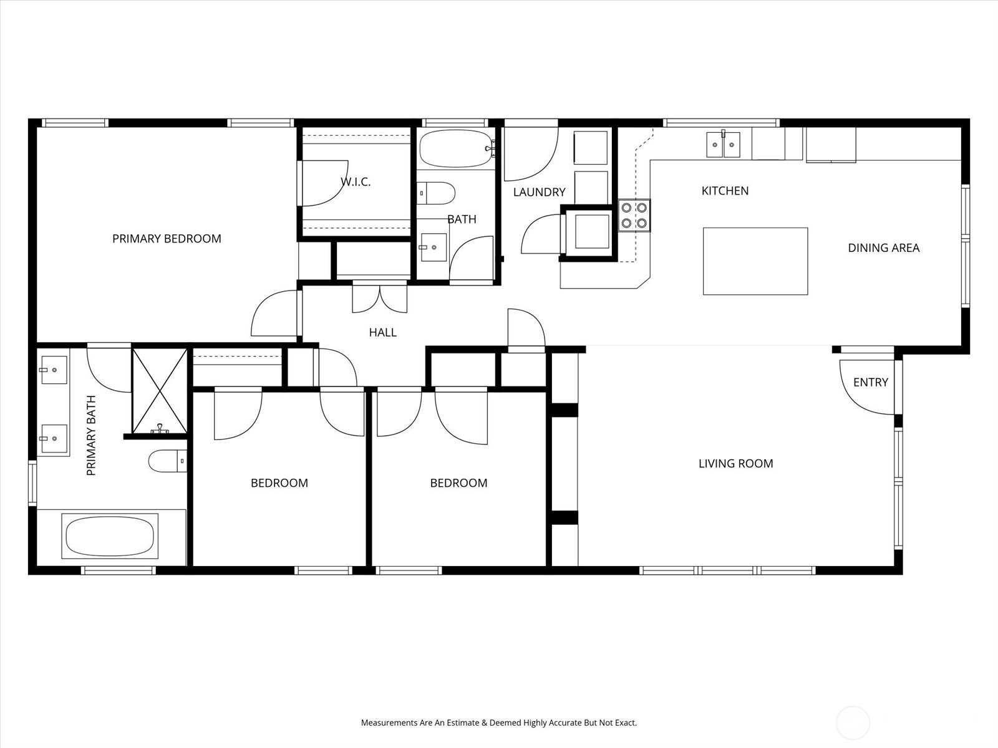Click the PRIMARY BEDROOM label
tap(167, 239)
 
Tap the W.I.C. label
tap(356, 181)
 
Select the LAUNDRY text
tap(540, 192)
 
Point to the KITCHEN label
tap(725, 191)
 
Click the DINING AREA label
tap(883, 247)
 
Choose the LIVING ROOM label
tap(735, 463)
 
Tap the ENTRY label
tap(870, 382)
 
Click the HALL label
tap(382, 332)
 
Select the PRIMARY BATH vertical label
tap(91, 435)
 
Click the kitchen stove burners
tap(634, 215)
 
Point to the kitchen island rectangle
tap(755, 261)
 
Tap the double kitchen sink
tap(723, 145)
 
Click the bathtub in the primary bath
tap(110, 536)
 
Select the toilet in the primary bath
tap(168, 461)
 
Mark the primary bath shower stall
tap(160, 391)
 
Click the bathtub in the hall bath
tap(457, 148)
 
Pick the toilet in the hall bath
tap(435, 193)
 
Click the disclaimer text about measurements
tap(499, 722)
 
